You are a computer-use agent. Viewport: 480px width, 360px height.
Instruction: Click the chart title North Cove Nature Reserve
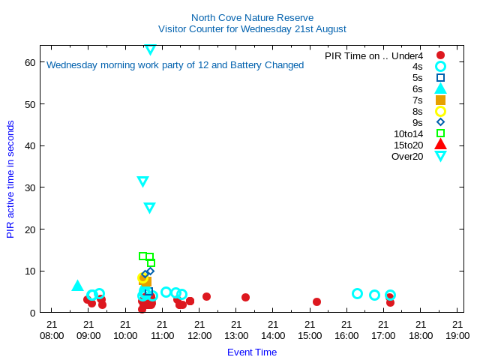pyautogui.click(x=252, y=17)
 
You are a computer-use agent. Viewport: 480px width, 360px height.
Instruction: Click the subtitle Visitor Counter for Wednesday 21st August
pyautogui.click(x=252, y=29)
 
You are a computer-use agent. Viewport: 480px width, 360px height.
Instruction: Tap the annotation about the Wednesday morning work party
pyautogui.click(x=175, y=65)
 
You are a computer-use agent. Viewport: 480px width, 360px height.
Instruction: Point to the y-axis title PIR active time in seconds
pyautogui.click(x=10, y=179)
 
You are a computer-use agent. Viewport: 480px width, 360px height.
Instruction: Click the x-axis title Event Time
pyautogui.click(x=252, y=352)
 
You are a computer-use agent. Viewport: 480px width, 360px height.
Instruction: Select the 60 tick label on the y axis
pyautogui.click(x=30, y=62)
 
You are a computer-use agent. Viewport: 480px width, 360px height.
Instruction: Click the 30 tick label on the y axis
pyautogui.click(x=30, y=187)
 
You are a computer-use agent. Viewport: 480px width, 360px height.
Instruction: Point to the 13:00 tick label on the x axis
pyautogui.click(x=236, y=331)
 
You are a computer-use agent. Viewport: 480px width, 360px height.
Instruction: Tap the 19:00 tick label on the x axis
pyautogui.click(x=457, y=331)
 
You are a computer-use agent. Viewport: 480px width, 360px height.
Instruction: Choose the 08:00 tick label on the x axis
pyautogui.click(x=52, y=331)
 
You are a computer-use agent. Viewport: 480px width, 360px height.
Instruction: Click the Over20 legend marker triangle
pyautogui.click(x=440, y=156)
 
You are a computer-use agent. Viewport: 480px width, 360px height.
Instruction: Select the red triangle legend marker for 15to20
pyautogui.click(x=440, y=145)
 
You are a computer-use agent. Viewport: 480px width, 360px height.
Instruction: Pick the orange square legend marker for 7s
pyautogui.click(x=440, y=100)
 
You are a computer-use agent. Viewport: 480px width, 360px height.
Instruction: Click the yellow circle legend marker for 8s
pyautogui.click(x=440, y=111)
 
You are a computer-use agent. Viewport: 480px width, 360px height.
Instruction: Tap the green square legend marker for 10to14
pyautogui.click(x=440, y=133)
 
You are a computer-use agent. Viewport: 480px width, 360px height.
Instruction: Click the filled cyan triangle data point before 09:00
pyautogui.click(x=77, y=286)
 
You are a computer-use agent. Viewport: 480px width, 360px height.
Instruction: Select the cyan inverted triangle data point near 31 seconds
pyautogui.click(x=142, y=181)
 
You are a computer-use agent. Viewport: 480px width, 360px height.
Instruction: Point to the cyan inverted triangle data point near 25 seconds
pyautogui.click(x=149, y=208)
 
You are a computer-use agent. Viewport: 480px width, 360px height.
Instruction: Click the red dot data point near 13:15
pyautogui.click(x=245, y=297)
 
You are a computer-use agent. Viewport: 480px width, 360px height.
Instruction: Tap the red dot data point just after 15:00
pyautogui.click(x=316, y=301)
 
